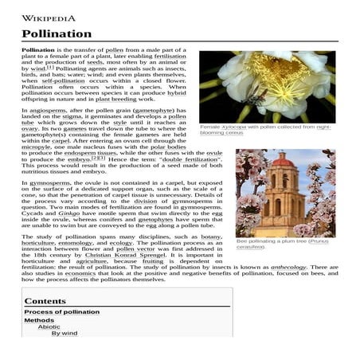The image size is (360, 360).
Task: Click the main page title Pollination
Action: (x=57, y=34)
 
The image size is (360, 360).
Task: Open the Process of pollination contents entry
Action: (x=62, y=312)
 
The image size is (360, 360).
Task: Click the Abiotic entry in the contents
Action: (x=49, y=327)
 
